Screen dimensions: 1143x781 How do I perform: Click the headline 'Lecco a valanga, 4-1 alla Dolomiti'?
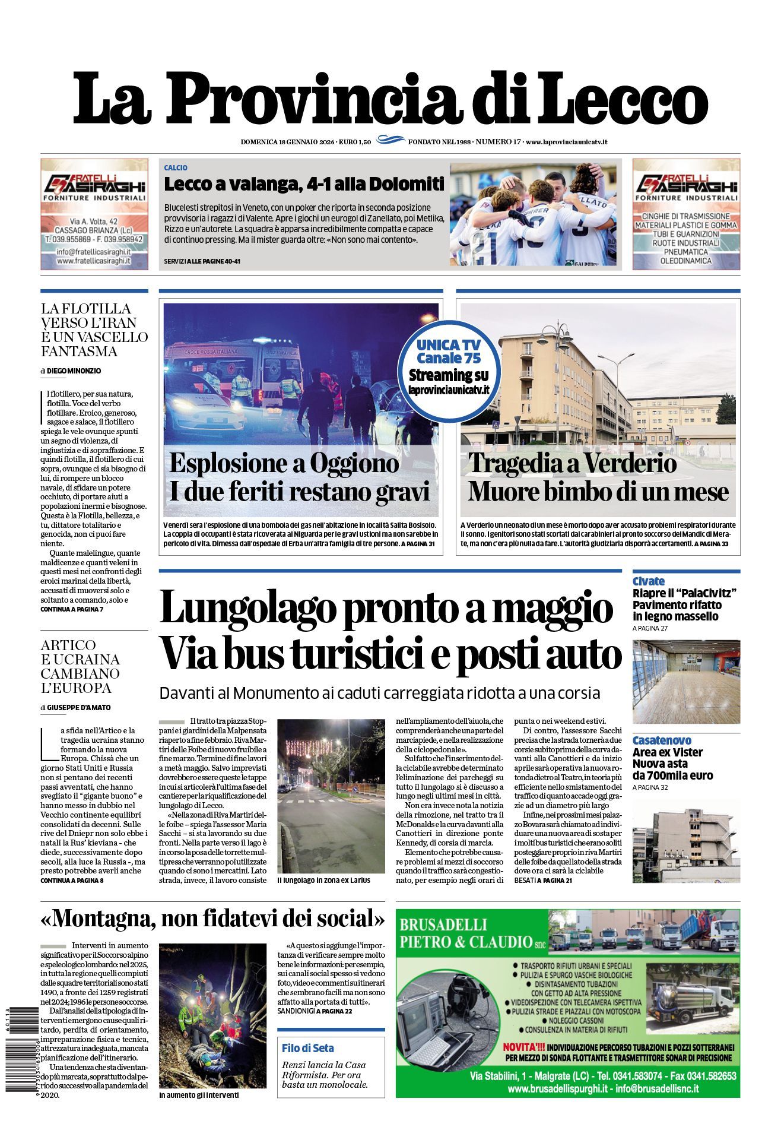(x=304, y=184)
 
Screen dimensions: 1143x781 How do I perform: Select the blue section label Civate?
(x=648, y=581)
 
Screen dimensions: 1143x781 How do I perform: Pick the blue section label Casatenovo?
(x=662, y=740)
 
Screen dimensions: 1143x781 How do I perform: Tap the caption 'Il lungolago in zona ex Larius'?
(x=323, y=880)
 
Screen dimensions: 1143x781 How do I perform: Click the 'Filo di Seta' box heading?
(x=308, y=1048)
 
